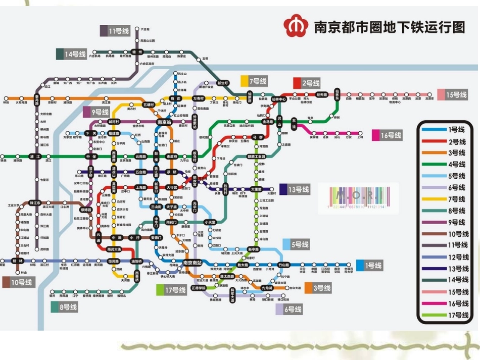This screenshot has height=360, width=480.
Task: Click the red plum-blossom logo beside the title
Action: point(295,26)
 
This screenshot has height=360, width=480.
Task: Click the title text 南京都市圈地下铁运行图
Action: point(389,26)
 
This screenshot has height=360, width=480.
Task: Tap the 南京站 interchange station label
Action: point(164,122)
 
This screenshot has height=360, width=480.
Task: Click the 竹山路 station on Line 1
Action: point(283,265)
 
